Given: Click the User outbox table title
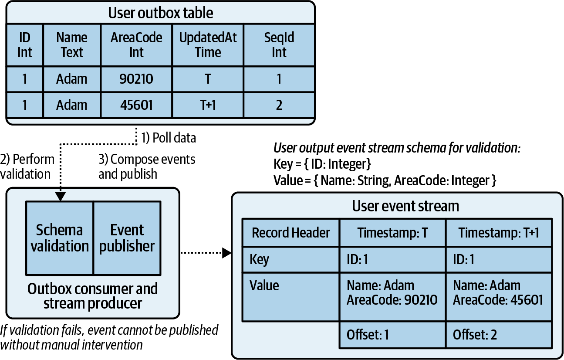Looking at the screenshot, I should click(x=160, y=13).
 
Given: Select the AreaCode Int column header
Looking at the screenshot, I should click(x=136, y=45).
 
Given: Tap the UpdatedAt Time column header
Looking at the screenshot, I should click(x=208, y=45).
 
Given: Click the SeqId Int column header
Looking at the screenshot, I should click(x=279, y=45).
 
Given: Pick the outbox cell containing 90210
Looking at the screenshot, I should click(x=136, y=79).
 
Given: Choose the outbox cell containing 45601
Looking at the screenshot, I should click(x=136, y=105).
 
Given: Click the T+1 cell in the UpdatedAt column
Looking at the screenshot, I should click(x=208, y=105).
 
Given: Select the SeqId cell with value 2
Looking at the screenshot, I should click(x=279, y=105).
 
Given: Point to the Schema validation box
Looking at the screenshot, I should click(x=60, y=238).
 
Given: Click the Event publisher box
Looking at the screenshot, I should click(x=127, y=238).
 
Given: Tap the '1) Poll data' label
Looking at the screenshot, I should click(x=169, y=138).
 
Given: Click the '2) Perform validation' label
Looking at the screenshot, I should click(x=27, y=166).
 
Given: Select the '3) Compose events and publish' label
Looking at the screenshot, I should click(x=147, y=166).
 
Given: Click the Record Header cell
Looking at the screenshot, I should click(x=291, y=233).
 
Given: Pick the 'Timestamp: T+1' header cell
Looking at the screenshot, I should click(x=499, y=233).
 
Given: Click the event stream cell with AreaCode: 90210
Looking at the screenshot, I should click(x=392, y=293).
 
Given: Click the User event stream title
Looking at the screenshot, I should click(x=405, y=206).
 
